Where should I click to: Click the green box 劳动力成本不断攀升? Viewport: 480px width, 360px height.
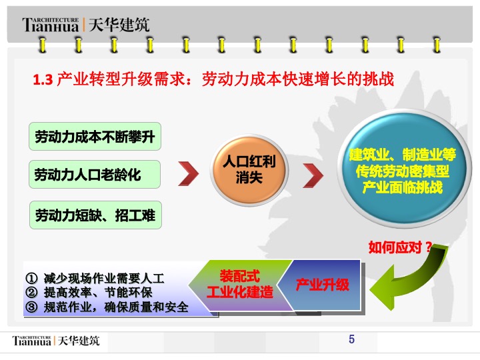pos(95,136)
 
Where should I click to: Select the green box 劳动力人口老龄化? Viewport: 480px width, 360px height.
pos(95,174)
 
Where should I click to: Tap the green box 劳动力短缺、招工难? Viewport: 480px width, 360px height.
pos(95,215)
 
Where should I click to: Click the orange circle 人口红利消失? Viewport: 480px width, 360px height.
pos(249,170)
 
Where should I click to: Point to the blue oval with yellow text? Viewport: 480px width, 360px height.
pos(403,169)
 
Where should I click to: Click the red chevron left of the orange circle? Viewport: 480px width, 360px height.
pos(188,173)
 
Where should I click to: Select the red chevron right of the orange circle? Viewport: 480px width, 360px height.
pos(313,175)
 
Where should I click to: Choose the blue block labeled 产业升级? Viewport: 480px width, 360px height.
pos(322,285)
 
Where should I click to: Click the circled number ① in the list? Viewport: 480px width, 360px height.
pos(31,278)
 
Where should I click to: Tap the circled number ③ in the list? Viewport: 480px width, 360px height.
pos(31,307)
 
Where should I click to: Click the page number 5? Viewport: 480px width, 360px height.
pos(351,339)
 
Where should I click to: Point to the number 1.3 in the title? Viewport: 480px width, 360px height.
pos(43,80)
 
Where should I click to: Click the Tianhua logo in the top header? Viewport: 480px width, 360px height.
pos(51,25)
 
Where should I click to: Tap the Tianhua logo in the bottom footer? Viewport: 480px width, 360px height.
pos(31,341)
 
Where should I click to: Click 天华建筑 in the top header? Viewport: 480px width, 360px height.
pos(119,25)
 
